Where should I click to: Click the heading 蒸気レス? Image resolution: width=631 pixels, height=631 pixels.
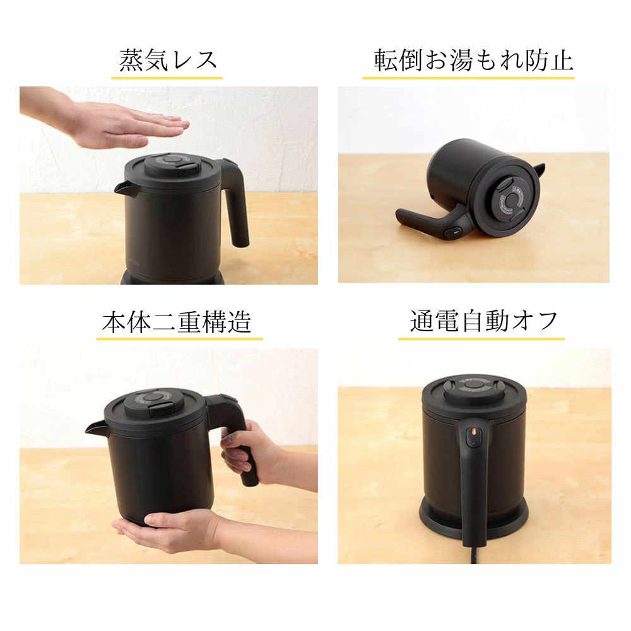pyautogui.click(x=168, y=61)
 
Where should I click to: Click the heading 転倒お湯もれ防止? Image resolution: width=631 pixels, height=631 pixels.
pyautogui.click(x=473, y=61)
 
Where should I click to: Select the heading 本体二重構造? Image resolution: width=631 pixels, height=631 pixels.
pyautogui.click(x=177, y=322)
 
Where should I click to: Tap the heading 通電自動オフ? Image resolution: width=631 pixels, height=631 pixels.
pyautogui.click(x=483, y=321)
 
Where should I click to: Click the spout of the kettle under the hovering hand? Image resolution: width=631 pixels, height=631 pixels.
pyautogui.click(x=125, y=188)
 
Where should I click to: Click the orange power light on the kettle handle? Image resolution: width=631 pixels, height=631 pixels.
pyautogui.click(x=473, y=433)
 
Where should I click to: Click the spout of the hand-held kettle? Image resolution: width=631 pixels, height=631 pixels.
pyautogui.click(x=96, y=428)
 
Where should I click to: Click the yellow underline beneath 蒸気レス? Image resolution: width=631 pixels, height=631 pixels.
pyautogui.click(x=167, y=78)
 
